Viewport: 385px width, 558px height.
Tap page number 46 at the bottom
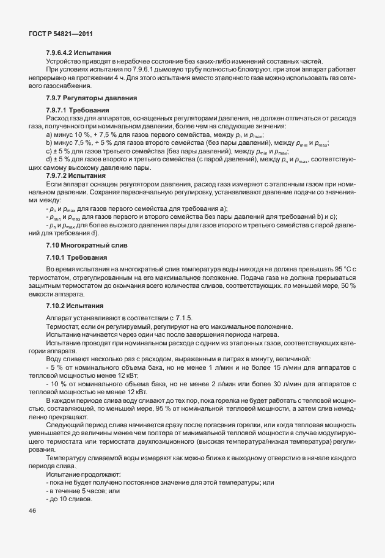point(32,511)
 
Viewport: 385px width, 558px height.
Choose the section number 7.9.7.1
point(58,111)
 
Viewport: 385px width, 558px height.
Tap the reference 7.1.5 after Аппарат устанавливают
point(184,318)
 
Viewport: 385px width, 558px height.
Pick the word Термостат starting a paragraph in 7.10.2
point(63,326)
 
